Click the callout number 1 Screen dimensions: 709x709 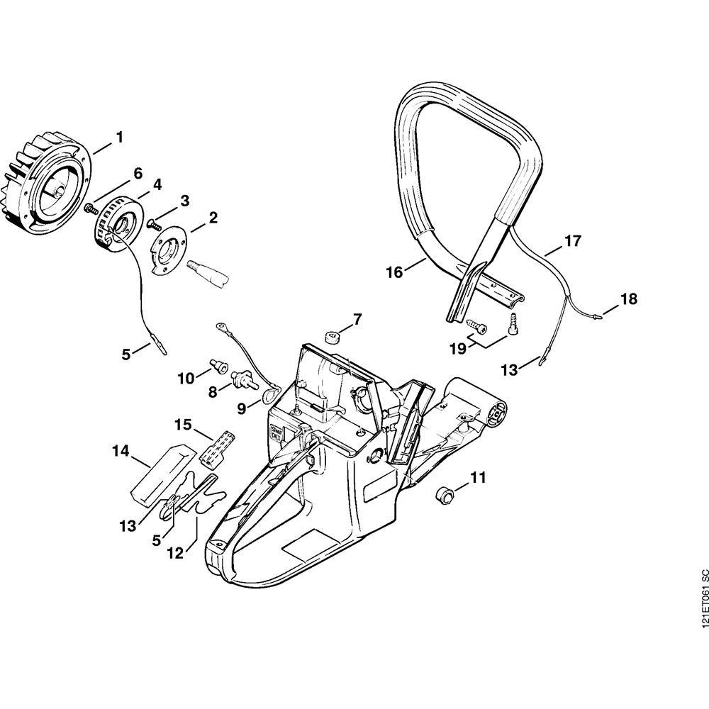(119, 136)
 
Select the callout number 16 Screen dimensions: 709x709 (394, 272)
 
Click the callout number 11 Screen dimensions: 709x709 (479, 478)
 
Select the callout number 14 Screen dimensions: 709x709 (120, 450)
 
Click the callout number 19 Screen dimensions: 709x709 (457, 348)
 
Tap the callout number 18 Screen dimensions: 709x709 (629, 299)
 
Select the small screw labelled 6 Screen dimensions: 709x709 (91, 208)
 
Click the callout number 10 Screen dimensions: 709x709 (185, 379)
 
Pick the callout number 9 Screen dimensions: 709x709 (241, 408)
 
